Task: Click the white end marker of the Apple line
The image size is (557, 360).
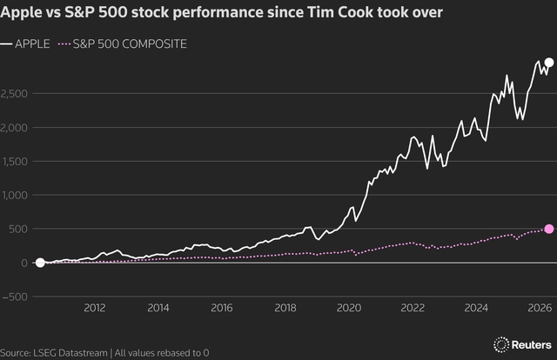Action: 548,63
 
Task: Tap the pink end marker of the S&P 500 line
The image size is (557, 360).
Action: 548,229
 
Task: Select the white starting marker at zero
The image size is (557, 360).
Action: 39,262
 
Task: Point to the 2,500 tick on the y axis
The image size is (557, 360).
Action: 17,94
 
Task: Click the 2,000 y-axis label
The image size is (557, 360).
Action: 17,128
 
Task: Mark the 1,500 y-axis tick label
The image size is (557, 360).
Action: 17,162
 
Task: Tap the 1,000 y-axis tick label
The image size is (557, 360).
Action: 17,196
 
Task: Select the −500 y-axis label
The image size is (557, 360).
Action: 15,297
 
